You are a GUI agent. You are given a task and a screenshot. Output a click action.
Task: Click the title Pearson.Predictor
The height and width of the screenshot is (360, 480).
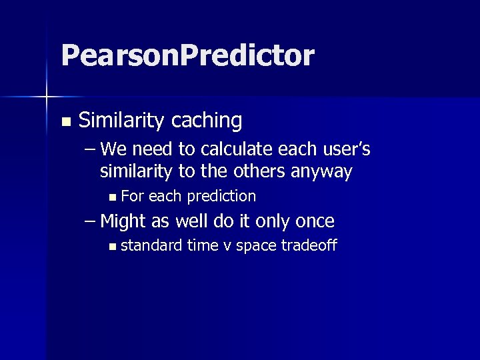(187, 56)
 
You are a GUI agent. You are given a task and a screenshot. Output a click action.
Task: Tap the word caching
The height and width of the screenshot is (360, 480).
(207, 121)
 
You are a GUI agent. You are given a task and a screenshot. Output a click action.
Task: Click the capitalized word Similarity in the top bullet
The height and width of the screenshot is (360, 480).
(122, 121)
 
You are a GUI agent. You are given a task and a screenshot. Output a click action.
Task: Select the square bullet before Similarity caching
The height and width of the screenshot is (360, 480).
(65, 122)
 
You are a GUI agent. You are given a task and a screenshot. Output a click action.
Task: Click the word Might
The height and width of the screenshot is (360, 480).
(123, 221)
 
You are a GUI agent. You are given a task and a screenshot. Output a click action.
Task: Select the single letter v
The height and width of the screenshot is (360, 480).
(227, 246)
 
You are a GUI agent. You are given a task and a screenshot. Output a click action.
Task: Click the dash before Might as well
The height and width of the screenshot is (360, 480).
(91, 221)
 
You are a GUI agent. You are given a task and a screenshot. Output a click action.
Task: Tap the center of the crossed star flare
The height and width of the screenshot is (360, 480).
(47, 97)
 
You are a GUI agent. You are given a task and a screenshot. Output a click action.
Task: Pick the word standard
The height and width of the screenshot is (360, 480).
(151, 245)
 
